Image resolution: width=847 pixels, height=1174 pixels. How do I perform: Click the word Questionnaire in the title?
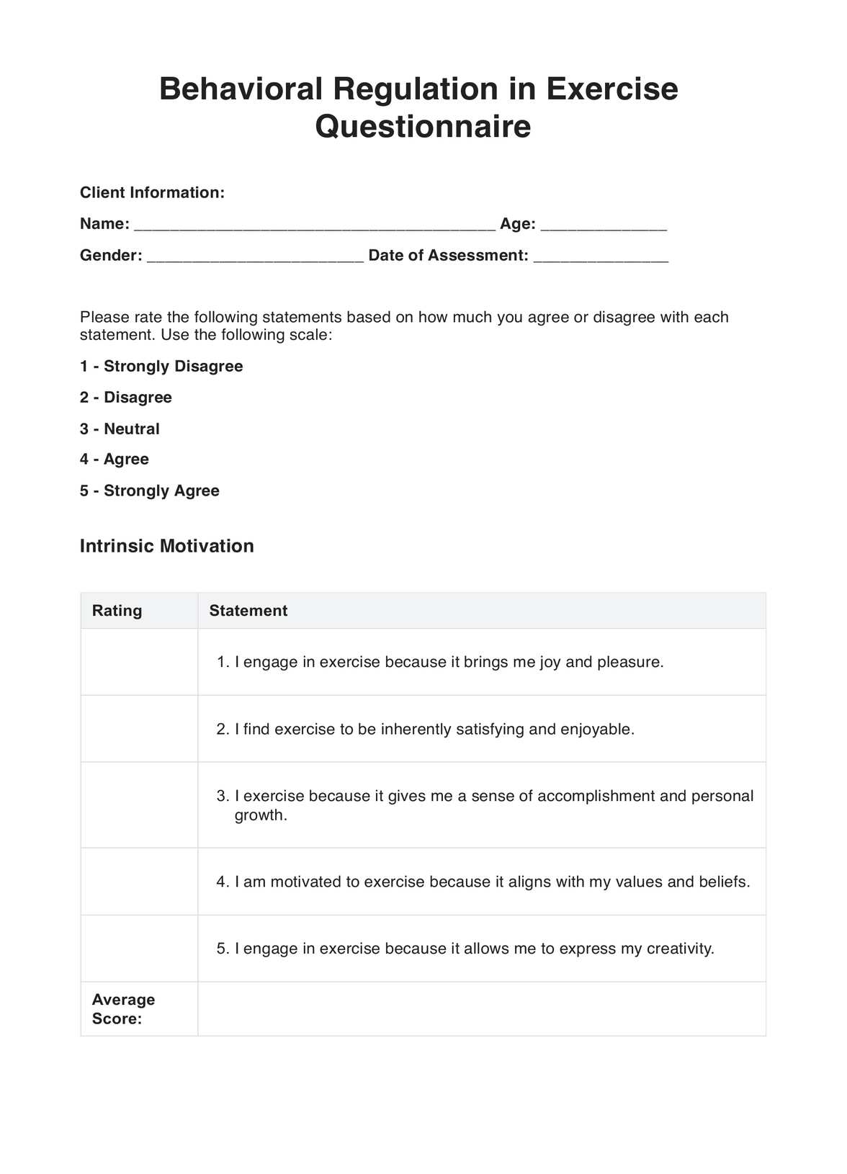(423, 127)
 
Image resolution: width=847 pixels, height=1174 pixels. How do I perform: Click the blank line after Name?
(315, 226)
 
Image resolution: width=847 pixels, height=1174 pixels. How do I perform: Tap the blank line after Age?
(604, 226)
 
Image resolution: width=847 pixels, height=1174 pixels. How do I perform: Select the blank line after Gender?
(255, 258)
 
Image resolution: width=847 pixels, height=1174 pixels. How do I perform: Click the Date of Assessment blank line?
(601, 258)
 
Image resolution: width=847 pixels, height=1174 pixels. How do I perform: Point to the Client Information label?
(152, 192)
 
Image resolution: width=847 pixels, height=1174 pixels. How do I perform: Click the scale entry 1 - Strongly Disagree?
(161, 366)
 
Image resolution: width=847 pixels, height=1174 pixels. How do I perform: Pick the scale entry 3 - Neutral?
(120, 429)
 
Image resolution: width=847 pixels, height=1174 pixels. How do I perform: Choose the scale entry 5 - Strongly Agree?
(150, 490)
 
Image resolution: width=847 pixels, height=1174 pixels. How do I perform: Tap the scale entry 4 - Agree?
(115, 459)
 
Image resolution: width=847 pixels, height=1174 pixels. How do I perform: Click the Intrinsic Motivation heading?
(166, 546)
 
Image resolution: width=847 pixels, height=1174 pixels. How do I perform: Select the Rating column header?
(117, 611)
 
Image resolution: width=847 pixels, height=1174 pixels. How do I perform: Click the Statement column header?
(248, 611)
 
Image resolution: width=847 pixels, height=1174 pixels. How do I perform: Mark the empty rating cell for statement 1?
(139, 662)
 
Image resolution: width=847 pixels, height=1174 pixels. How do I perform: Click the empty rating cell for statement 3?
(139, 805)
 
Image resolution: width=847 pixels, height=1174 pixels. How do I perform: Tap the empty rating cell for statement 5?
(139, 949)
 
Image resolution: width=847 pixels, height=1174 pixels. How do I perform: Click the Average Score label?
(123, 1008)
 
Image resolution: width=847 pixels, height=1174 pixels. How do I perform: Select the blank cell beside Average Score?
(481, 1008)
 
